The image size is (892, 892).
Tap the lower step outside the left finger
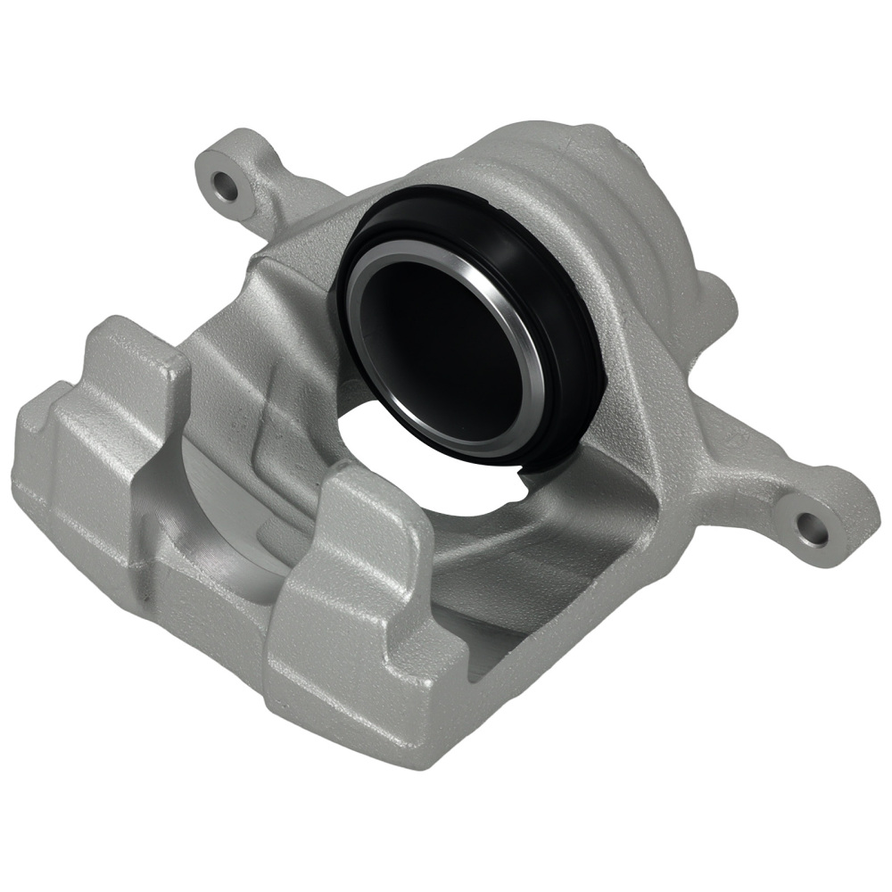point(45,428)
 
